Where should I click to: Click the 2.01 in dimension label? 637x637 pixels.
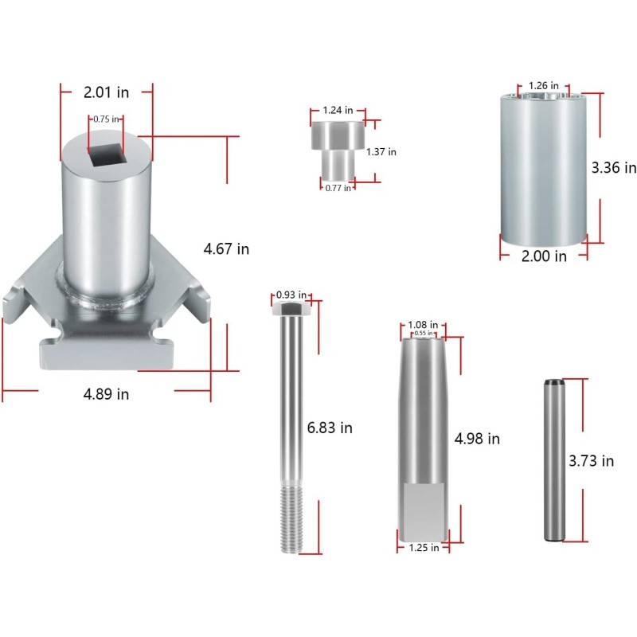point(106,92)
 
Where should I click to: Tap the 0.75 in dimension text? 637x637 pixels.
point(106,119)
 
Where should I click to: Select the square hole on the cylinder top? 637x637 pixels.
point(106,154)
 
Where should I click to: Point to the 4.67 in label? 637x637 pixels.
point(226,248)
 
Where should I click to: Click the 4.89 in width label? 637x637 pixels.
point(106,394)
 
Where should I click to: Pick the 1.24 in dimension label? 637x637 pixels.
point(338,110)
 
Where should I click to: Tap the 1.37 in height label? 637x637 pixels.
point(381,152)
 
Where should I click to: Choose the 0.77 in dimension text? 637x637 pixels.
point(338,188)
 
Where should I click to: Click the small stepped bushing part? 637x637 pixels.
point(337,150)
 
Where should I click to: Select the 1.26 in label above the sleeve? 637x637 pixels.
point(544,86)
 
